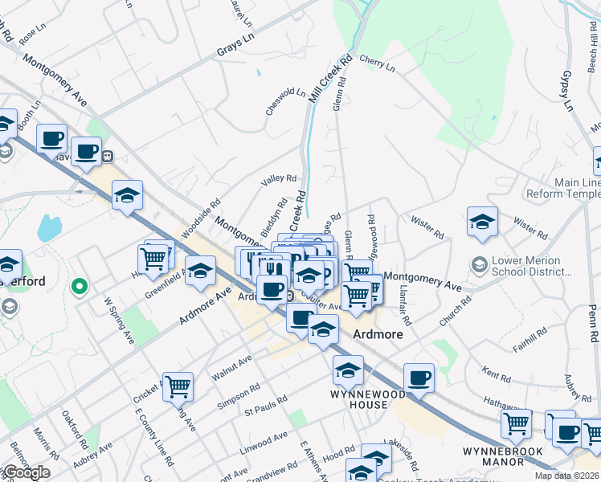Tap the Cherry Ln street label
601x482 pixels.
coord(378,64)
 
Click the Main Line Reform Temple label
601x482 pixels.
coord(562,189)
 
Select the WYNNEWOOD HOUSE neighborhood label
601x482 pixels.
coord(359,399)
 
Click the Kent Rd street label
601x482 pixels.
coord(497,374)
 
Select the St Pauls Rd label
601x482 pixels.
coord(266,406)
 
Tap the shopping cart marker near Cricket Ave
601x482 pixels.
coord(178,386)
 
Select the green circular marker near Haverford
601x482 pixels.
coord(79,285)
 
